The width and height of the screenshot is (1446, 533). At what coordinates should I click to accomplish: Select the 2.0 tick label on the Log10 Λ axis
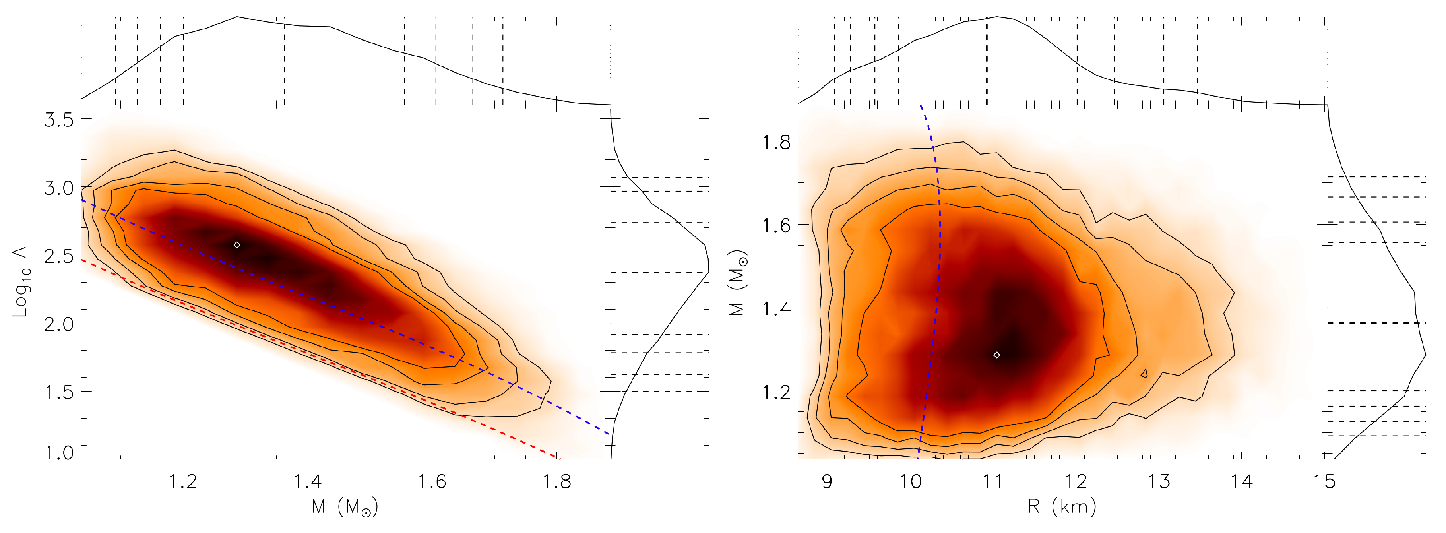click(59, 324)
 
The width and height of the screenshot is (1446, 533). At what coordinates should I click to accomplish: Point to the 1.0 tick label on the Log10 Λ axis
click(59, 452)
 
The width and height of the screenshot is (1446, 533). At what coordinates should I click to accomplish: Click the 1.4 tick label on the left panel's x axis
click(308, 481)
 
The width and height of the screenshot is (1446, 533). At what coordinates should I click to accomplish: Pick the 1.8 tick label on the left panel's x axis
click(557, 481)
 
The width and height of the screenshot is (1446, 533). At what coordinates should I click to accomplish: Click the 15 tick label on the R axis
click(1324, 481)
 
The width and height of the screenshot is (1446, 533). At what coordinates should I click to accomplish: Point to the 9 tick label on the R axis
click(826, 481)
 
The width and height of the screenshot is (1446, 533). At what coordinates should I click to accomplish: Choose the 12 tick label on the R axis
click(1076, 481)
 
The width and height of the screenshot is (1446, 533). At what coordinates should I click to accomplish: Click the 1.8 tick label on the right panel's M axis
click(776, 142)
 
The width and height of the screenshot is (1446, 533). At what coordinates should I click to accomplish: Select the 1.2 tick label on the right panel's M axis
click(776, 391)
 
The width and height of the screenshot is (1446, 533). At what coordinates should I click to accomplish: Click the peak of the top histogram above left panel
click(237, 17)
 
